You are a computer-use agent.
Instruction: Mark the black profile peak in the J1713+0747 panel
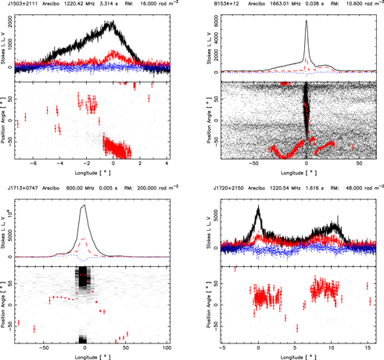click(83, 205)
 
